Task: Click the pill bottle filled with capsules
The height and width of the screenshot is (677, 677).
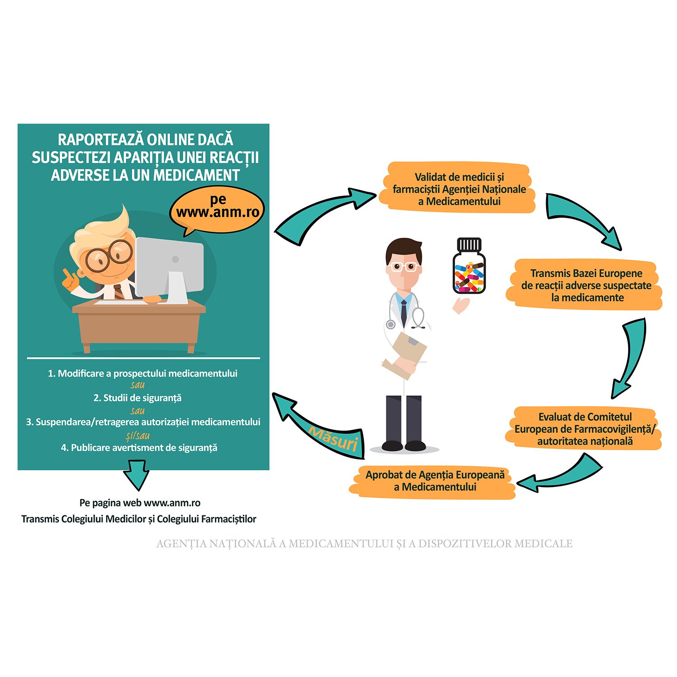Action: pos(469,268)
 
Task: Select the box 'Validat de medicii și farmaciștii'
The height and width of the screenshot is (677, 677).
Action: pos(459,189)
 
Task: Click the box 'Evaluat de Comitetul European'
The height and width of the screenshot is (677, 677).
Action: pos(584,429)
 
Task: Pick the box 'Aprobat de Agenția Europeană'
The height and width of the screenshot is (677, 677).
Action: pos(435,481)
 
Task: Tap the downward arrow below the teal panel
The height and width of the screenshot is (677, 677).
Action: pos(137,474)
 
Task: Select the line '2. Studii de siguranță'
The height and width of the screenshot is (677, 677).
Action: pos(137,398)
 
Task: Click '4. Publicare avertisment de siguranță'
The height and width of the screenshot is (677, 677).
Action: pos(139,448)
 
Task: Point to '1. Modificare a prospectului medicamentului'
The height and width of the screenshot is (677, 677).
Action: pos(143,374)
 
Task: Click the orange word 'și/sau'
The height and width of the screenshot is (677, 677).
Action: pos(138,436)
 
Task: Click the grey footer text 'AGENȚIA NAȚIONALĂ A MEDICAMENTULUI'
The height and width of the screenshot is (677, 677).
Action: pos(365,544)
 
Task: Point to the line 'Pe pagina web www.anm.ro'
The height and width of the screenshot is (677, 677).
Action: pos(140,503)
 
